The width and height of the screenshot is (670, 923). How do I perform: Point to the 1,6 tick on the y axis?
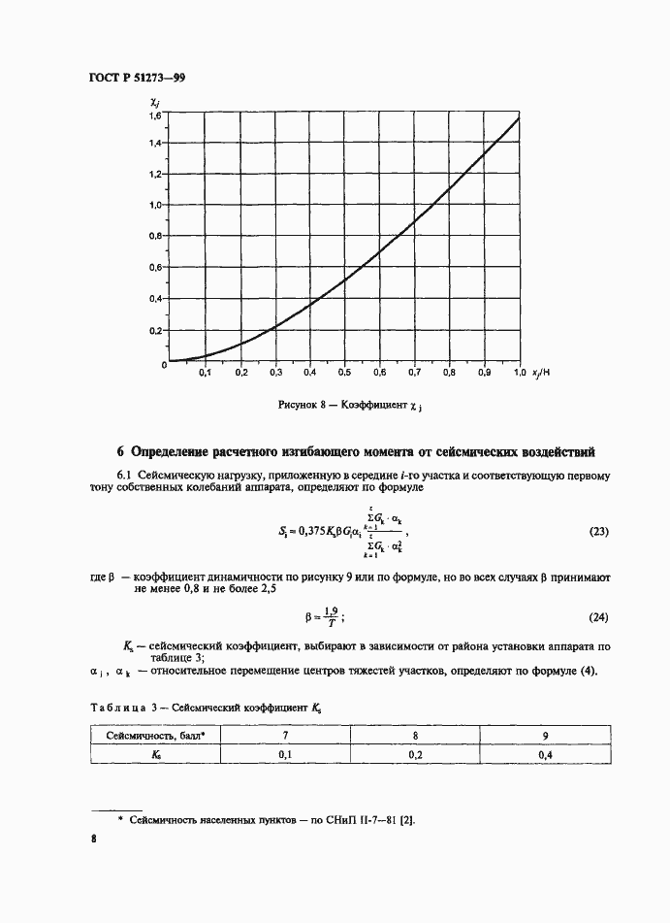coord(155,116)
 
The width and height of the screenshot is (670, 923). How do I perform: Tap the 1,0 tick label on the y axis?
coord(155,206)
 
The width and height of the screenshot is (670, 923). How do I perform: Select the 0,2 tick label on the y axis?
coord(155,331)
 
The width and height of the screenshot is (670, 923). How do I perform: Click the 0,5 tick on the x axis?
coord(344,373)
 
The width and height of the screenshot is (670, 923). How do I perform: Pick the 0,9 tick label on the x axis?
coord(484,373)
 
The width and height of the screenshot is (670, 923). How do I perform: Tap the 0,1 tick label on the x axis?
coord(205,373)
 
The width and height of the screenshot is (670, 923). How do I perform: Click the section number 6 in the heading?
coord(120,451)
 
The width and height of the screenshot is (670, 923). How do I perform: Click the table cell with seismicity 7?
coord(284,736)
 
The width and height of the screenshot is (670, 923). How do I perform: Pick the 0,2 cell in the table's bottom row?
coord(415,754)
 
